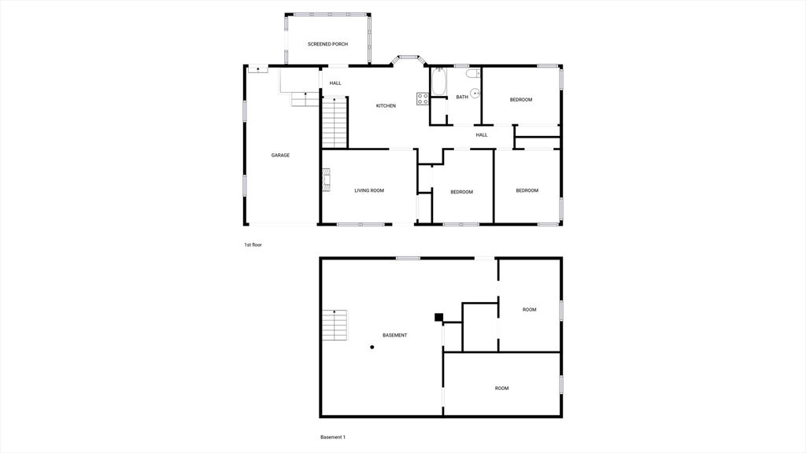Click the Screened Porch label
(327, 44)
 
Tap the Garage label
(280, 155)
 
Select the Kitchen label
(386, 106)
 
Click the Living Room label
(369, 190)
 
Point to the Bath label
(462, 97)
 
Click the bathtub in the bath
(439, 82)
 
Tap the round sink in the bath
(475, 94)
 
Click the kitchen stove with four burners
(423, 98)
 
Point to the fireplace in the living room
(326, 180)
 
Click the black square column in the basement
(438, 317)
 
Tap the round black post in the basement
(372, 347)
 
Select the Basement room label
(395, 335)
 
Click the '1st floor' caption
(253, 245)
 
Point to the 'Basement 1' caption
(333, 437)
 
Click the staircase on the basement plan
(334, 325)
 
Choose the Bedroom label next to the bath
(521, 100)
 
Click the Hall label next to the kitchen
(335, 83)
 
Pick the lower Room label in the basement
(501, 389)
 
